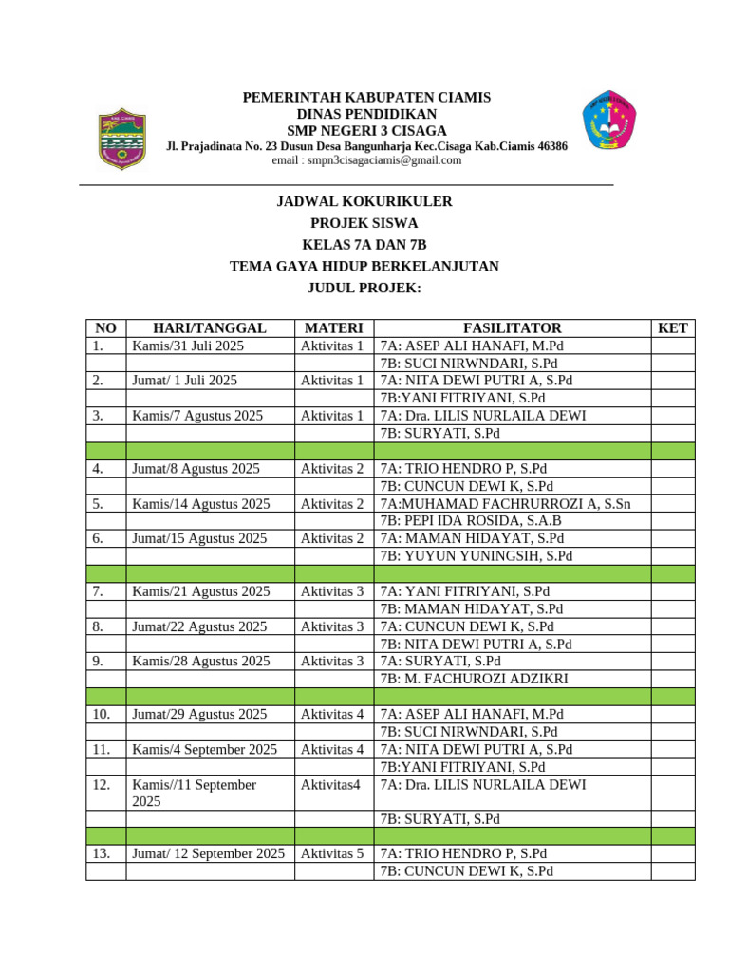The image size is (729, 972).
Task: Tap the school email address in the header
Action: [366, 160]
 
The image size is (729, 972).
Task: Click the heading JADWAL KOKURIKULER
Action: [364, 201]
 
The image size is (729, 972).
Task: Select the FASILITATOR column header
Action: [512, 328]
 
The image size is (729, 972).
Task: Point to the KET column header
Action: [672, 328]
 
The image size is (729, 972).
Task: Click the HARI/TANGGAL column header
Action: [210, 328]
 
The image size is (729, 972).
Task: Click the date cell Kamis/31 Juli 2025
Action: [188, 346]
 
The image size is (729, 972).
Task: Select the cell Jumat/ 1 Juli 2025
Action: [184, 381]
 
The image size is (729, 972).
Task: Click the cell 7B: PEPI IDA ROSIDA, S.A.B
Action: [471, 521]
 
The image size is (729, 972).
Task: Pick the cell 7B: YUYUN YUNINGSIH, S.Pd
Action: [477, 556]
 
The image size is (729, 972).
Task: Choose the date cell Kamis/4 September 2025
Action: [205, 749]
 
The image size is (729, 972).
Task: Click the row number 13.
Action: [102, 853]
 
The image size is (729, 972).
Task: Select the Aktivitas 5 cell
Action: [332, 853]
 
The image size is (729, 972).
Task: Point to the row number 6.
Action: [98, 538]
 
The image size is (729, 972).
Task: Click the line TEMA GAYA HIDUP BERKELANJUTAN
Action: [364, 267]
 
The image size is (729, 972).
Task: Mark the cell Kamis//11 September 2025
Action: [195, 793]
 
